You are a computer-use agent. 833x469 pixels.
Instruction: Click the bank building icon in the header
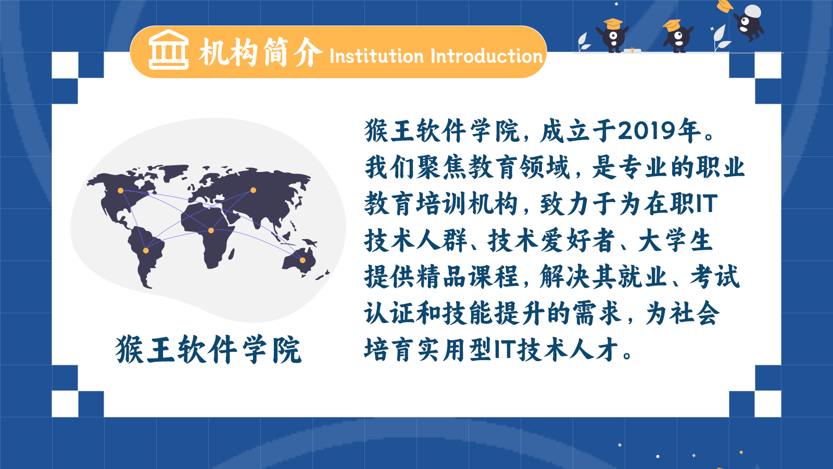(x=169, y=50)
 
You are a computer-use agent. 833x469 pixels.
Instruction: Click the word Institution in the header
(x=377, y=56)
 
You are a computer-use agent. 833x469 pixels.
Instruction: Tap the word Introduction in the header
(x=486, y=56)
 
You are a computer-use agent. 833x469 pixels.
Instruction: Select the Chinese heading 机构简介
(x=261, y=52)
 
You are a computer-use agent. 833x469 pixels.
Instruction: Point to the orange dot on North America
(x=120, y=191)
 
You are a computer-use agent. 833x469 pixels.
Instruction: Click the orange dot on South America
(x=146, y=251)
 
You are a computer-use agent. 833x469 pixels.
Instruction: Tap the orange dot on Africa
(x=211, y=230)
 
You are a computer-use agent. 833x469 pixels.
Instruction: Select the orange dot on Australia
(x=302, y=260)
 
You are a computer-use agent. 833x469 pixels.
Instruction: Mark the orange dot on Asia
(x=253, y=190)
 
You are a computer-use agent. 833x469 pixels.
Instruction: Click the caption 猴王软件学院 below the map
(x=208, y=349)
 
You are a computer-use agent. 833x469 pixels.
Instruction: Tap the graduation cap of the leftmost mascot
(x=613, y=24)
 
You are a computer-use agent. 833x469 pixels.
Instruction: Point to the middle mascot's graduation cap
(x=672, y=26)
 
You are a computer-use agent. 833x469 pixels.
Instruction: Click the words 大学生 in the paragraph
(x=675, y=240)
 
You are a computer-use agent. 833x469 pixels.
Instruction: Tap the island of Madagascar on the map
(x=231, y=254)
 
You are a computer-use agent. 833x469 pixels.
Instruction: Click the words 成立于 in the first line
(x=578, y=131)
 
